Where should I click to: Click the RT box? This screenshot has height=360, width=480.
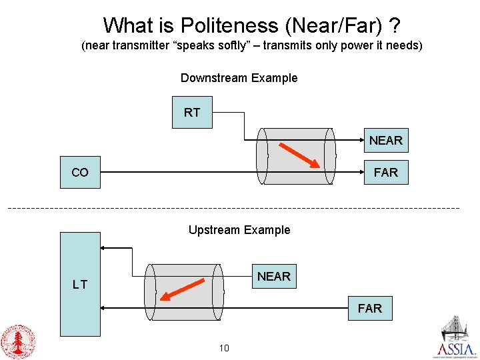tap(192, 113)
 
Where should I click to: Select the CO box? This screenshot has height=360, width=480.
tap(80, 173)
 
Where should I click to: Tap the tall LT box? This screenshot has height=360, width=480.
tap(80, 284)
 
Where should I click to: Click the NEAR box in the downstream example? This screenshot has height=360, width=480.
tap(385, 141)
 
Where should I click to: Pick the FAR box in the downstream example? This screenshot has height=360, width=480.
tap(385, 173)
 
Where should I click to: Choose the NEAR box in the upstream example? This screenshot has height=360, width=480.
tap(273, 276)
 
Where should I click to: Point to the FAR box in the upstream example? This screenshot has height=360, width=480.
tap(369, 309)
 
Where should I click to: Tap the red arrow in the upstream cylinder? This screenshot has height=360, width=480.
tap(181, 293)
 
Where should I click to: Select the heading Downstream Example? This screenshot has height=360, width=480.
tap(239, 78)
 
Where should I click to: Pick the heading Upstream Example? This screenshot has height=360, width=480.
tap(239, 230)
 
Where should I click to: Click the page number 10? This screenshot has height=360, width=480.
tap(224, 348)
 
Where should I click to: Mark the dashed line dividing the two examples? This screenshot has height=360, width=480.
tap(233, 209)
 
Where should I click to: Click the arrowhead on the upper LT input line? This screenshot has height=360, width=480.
tap(104, 248)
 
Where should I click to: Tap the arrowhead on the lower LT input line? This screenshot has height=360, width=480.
tap(104, 309)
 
